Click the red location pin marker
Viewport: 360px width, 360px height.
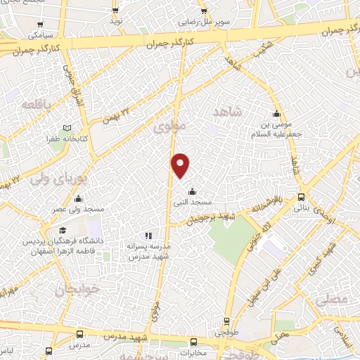click(181, 165)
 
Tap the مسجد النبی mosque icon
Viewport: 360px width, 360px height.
click(193, 191)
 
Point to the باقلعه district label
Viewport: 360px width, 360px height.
click(33, 104)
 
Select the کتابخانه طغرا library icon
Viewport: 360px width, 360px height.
click(67, 128)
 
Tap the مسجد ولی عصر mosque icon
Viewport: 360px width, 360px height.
click(78, 198)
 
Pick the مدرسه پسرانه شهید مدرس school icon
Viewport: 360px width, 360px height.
click(148, 236)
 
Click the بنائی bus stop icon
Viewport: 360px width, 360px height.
click(301, 197)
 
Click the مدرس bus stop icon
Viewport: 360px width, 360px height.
click(79, 335)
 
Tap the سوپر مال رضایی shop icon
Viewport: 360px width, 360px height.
click(203, 12)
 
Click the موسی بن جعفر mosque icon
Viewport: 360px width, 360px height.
click(277, 114)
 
